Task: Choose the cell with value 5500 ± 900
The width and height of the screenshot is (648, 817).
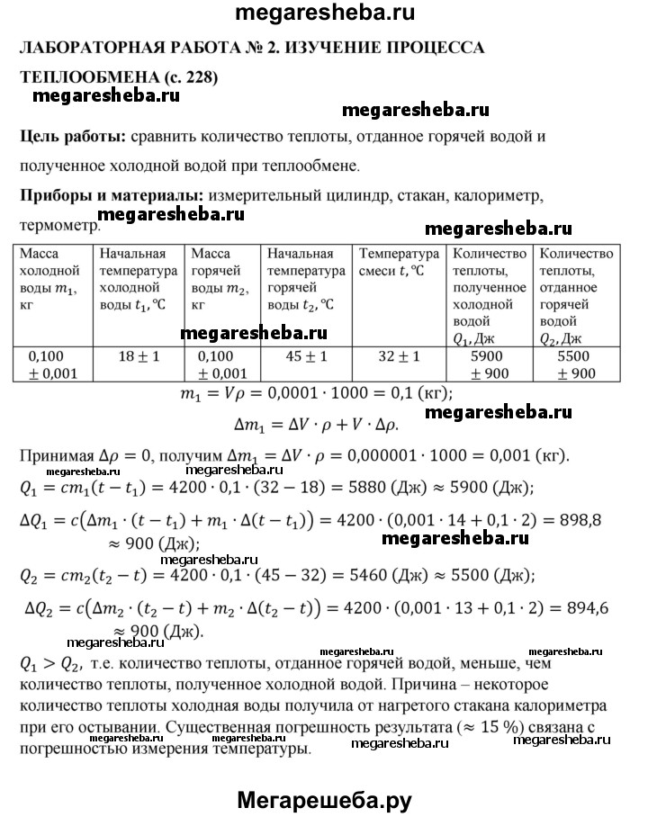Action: [x=575, y=364]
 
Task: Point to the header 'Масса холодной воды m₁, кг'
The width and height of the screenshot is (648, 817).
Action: [x=52, y=279]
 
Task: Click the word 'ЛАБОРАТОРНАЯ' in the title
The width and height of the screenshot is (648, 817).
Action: [x=89, y=48]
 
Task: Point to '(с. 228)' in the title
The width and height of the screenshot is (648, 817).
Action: [x=186, y=77]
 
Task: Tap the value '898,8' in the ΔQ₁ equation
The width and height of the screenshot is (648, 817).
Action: [x=565, y=519]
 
